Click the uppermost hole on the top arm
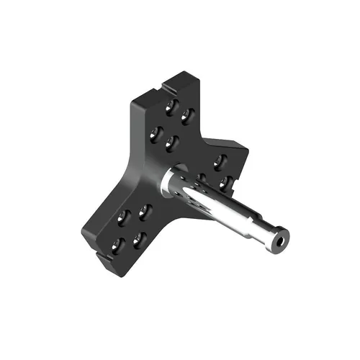click(171, 106)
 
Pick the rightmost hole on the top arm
click(189, 114)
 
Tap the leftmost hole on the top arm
click(154, 133)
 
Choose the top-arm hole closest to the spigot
click(171, 143)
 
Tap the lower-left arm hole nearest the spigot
click(145, 212)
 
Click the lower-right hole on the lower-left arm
click(140, 238)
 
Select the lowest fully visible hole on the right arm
click(226, 183)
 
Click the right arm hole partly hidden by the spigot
click(202, 177)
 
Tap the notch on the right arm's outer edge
click(243, 173)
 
